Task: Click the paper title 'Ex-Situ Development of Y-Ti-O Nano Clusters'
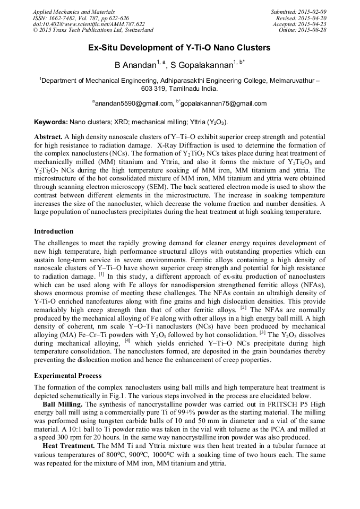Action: tap(179, 48)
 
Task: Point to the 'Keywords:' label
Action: tap(50, 122)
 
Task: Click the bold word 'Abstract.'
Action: tap(48, 136)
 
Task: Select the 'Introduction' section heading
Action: tap(54, 231)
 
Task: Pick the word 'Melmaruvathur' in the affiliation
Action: tap(292, 81)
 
